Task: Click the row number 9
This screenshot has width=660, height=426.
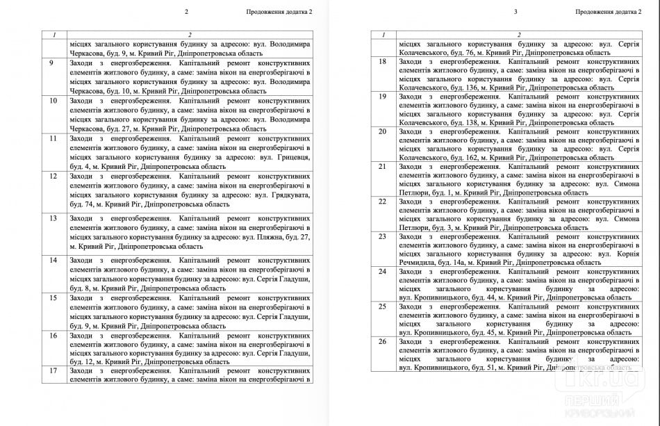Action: pyautogui.click(x=51, y=63)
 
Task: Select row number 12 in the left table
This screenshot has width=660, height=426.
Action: pyautogui.click(x=53, y=177)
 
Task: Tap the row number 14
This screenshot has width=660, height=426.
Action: pyautogui.click(x=53, y=260)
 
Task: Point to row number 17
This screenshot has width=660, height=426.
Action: pyautogui.click(x=53, y=371)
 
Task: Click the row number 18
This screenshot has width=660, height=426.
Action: pyautogui.click(x=382, y=62)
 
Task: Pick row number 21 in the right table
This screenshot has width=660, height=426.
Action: pyautogui.click(x=382, y=166)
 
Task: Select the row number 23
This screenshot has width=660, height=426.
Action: pyautogui.click(x=382, y=236)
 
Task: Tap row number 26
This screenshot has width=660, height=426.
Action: pyautogui.click(x=382, y=341)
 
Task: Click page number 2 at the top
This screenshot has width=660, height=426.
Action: pyautogui.click(x=186, y=12)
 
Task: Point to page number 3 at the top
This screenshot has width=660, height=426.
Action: pyautogui.click(x=515, y=12)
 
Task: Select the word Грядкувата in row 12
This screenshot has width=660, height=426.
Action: pyautogui.click(x=288, y=195)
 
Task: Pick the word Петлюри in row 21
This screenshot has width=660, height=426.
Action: pyautogui.click(x=415, y=192)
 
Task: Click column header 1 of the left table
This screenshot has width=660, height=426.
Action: pyautogui.click(x=53, y=34)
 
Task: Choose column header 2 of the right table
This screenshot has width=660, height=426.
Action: pyautogui.click(x=518, y=34)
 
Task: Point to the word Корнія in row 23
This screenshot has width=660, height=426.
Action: pyautogui.click(x=627, y=254)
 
